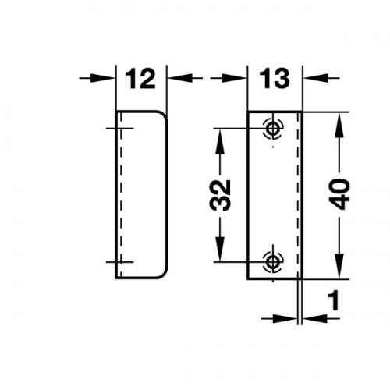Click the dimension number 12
click(140, 79)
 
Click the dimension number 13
click(274, 79)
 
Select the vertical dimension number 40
click(339, 193)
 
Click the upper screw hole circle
click(273, 129)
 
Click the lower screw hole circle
click(273, 261)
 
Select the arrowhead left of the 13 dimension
click(235, 78)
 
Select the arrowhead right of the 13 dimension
click(315, 78)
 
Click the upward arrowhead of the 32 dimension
click(220, 141)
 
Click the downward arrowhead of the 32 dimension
click(220, 249)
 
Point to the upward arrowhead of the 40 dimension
click(339, 125)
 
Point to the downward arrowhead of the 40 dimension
click(339, 266)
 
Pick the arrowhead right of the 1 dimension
click(314, 318)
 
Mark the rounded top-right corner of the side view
click(163, 115)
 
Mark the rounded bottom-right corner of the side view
click(163, 274)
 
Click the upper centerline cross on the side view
click(120, 129)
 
